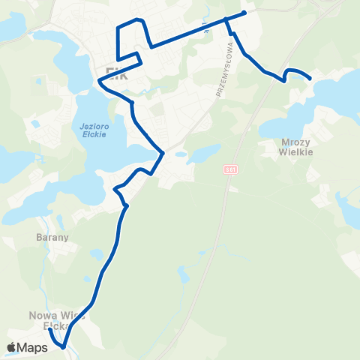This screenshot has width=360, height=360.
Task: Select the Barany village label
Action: [x=52, y=238]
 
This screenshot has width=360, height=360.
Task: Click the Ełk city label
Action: [x=116, y=76]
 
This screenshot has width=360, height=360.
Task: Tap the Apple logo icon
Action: [x=12, y=347]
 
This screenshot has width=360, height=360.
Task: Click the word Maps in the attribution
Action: [x=34, y=347]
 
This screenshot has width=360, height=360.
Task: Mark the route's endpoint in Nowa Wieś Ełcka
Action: [x=49, y=329]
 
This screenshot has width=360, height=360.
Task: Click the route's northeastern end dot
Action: [x=244, y=12]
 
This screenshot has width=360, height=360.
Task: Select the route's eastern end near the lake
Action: [x=310, y=77]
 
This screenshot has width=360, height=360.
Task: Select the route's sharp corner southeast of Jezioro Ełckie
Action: [x=162, y=154]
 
